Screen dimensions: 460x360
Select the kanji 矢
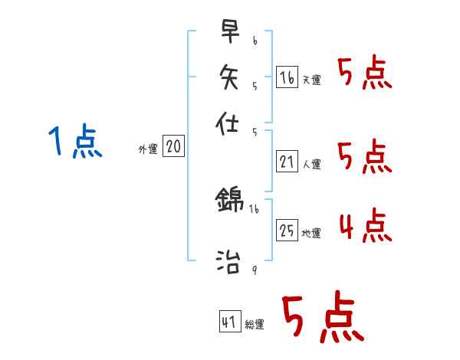tap(229, 77)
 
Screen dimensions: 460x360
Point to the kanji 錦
tap(229, 201)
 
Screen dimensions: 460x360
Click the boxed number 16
tap(287, 77)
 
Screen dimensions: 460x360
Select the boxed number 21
tap(287, 161)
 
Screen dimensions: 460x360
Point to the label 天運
tap(311, 80)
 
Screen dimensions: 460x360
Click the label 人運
tap(311, 163)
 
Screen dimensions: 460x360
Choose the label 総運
tap(255, 325)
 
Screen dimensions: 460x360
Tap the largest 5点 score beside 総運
tap(321, 319)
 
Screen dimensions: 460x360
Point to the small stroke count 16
tap(254, 208)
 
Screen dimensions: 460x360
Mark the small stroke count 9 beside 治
tap(254, 270)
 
